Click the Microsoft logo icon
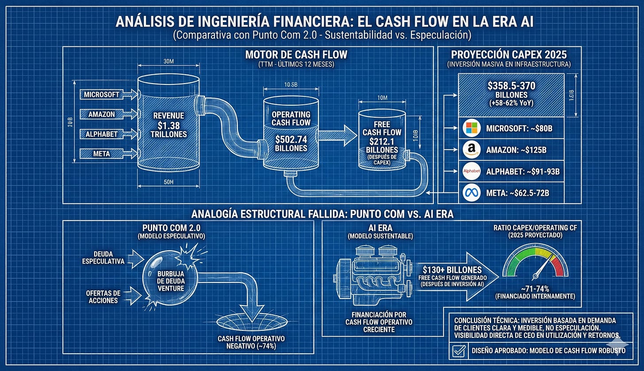point(471,129)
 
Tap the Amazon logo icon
point(471,150)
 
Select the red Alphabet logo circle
point(471,171)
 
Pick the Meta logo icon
point(471,192)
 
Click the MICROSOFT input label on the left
point(102,94)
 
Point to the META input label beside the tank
point(102,153)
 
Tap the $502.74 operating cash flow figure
point(290,139)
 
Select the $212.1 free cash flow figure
point(381,142)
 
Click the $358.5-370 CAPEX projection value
point(510,84)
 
